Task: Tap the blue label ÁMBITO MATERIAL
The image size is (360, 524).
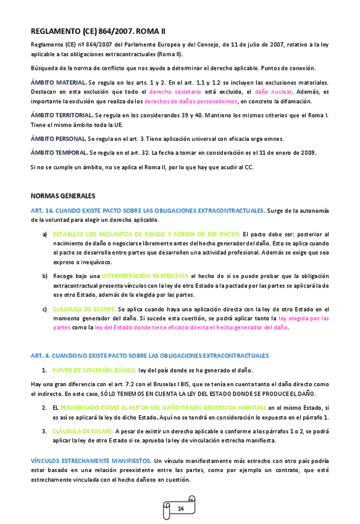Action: (x=58, y=83)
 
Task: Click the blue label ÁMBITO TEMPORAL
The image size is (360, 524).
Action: (x=59, y=152)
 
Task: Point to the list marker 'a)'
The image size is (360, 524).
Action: (x=44, y=235)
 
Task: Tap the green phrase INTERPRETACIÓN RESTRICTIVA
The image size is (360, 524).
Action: (x=146, y=275)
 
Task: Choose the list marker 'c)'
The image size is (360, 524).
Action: (x=44, y=308)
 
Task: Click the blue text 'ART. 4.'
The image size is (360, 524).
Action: (x=41, y=355)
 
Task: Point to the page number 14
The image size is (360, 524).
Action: (x=181, y=508)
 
